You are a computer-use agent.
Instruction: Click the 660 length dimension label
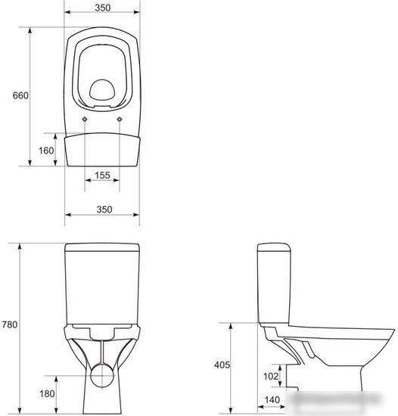pos(20,95)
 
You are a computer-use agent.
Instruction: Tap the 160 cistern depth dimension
pos(46,151)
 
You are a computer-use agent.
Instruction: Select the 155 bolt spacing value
pos(102,175)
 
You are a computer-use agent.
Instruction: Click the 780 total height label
pos(10,324)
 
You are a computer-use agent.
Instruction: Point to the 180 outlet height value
pos(47,394)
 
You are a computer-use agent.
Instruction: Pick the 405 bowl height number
pos(222,365)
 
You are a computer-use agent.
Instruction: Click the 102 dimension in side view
pos(271,376)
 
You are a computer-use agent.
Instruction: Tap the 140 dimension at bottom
pos(272,400)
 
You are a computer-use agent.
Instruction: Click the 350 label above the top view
pos(103,8)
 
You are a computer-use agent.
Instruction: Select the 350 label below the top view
pos(104,210)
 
